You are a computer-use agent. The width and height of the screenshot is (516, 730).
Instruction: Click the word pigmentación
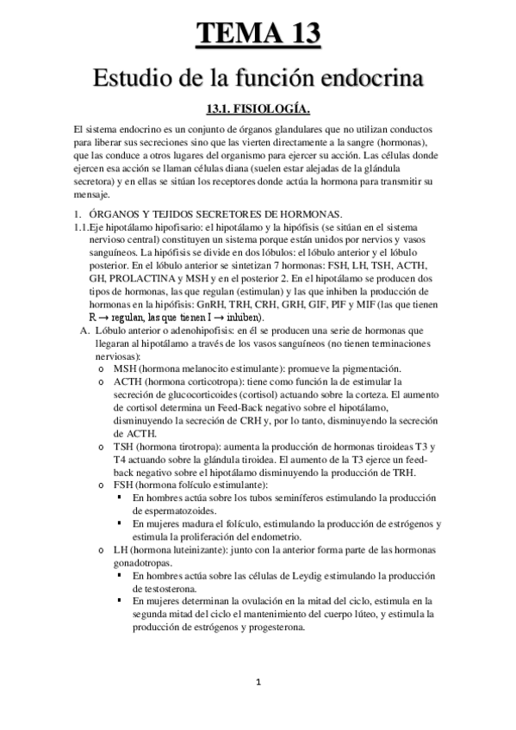tap(315, 368)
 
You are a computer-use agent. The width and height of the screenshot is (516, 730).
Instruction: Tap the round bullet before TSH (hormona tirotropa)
tap(103, 447)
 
